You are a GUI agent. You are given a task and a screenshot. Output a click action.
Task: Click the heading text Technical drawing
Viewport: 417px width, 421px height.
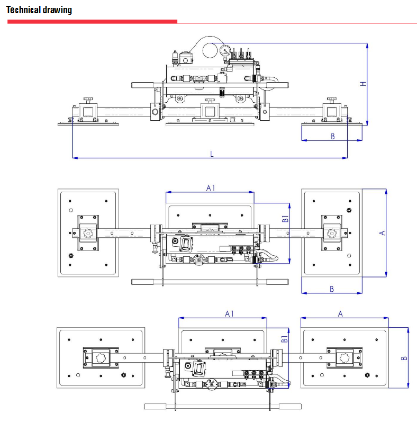tap(40, 10)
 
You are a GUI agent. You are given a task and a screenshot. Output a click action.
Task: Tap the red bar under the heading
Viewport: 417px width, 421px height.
tap(92, 22)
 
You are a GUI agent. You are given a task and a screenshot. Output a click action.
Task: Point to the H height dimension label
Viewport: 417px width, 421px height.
tap(363, 84)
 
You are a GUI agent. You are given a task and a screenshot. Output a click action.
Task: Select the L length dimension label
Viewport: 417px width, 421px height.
tap(212, 154)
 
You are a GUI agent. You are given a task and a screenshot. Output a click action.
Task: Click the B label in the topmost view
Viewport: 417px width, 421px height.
tap(332, 136)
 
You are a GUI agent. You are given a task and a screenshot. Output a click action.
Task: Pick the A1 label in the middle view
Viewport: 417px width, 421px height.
tap(210, 188)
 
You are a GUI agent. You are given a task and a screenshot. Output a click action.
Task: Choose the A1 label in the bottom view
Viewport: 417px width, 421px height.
tap(230, 313)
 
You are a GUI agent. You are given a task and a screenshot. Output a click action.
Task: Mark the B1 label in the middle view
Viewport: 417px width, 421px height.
tap(285, 219)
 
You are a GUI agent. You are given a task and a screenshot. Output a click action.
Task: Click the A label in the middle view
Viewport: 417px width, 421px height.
tap(382, 232)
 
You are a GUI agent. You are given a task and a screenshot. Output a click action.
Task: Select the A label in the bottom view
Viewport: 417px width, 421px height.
tap(340, 313)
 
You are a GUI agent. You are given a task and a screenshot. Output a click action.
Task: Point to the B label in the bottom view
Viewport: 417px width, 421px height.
tap(404, 358)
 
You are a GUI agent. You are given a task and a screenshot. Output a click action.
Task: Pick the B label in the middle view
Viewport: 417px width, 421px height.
tap(332, 289)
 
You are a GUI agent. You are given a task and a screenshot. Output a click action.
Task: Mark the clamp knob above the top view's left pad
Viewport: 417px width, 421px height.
tap(88, 100)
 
